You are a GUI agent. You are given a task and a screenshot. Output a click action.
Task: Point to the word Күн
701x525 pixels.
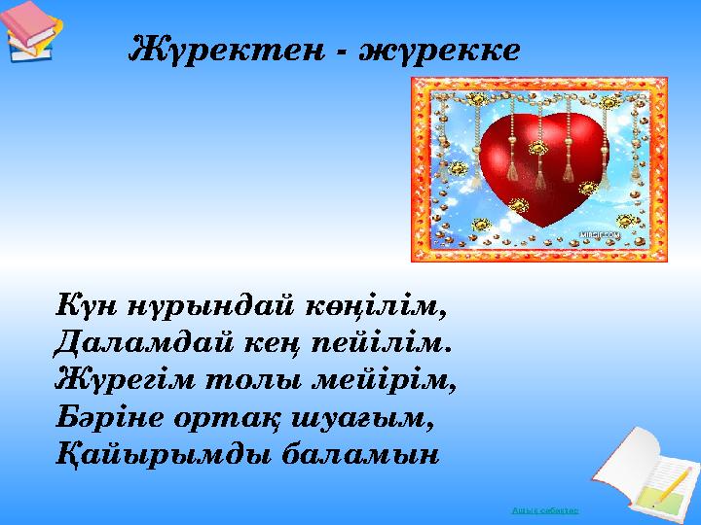point(84,307)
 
